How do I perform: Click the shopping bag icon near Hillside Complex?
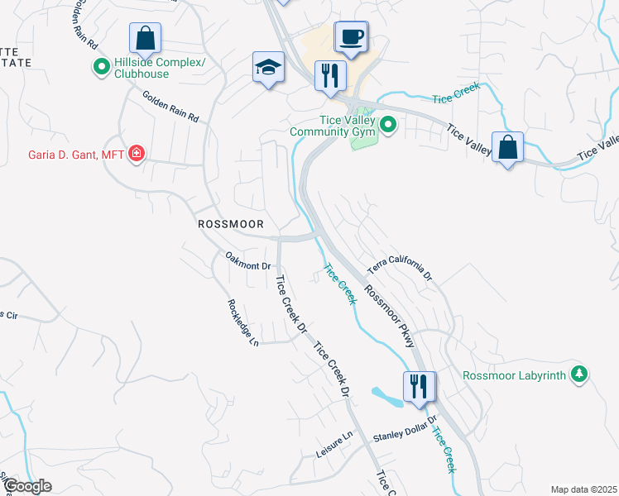pos(145,38)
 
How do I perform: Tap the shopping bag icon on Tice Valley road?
pos(507,147)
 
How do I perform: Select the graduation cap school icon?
pos(269,68)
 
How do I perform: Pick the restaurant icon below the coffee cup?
pos(330,75)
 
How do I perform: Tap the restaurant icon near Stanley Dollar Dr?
pos(418,386)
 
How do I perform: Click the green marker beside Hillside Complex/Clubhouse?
pos(102,67)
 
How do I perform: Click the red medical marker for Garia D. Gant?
pos(137,154)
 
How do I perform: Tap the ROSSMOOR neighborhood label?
pos(230,224)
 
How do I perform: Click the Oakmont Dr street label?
pos(248,265)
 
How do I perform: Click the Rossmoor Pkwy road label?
pos(389,312)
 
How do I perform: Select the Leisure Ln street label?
pos(334,446)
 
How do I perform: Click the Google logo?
pos(26,486)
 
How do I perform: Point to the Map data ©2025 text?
pos(583,489)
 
